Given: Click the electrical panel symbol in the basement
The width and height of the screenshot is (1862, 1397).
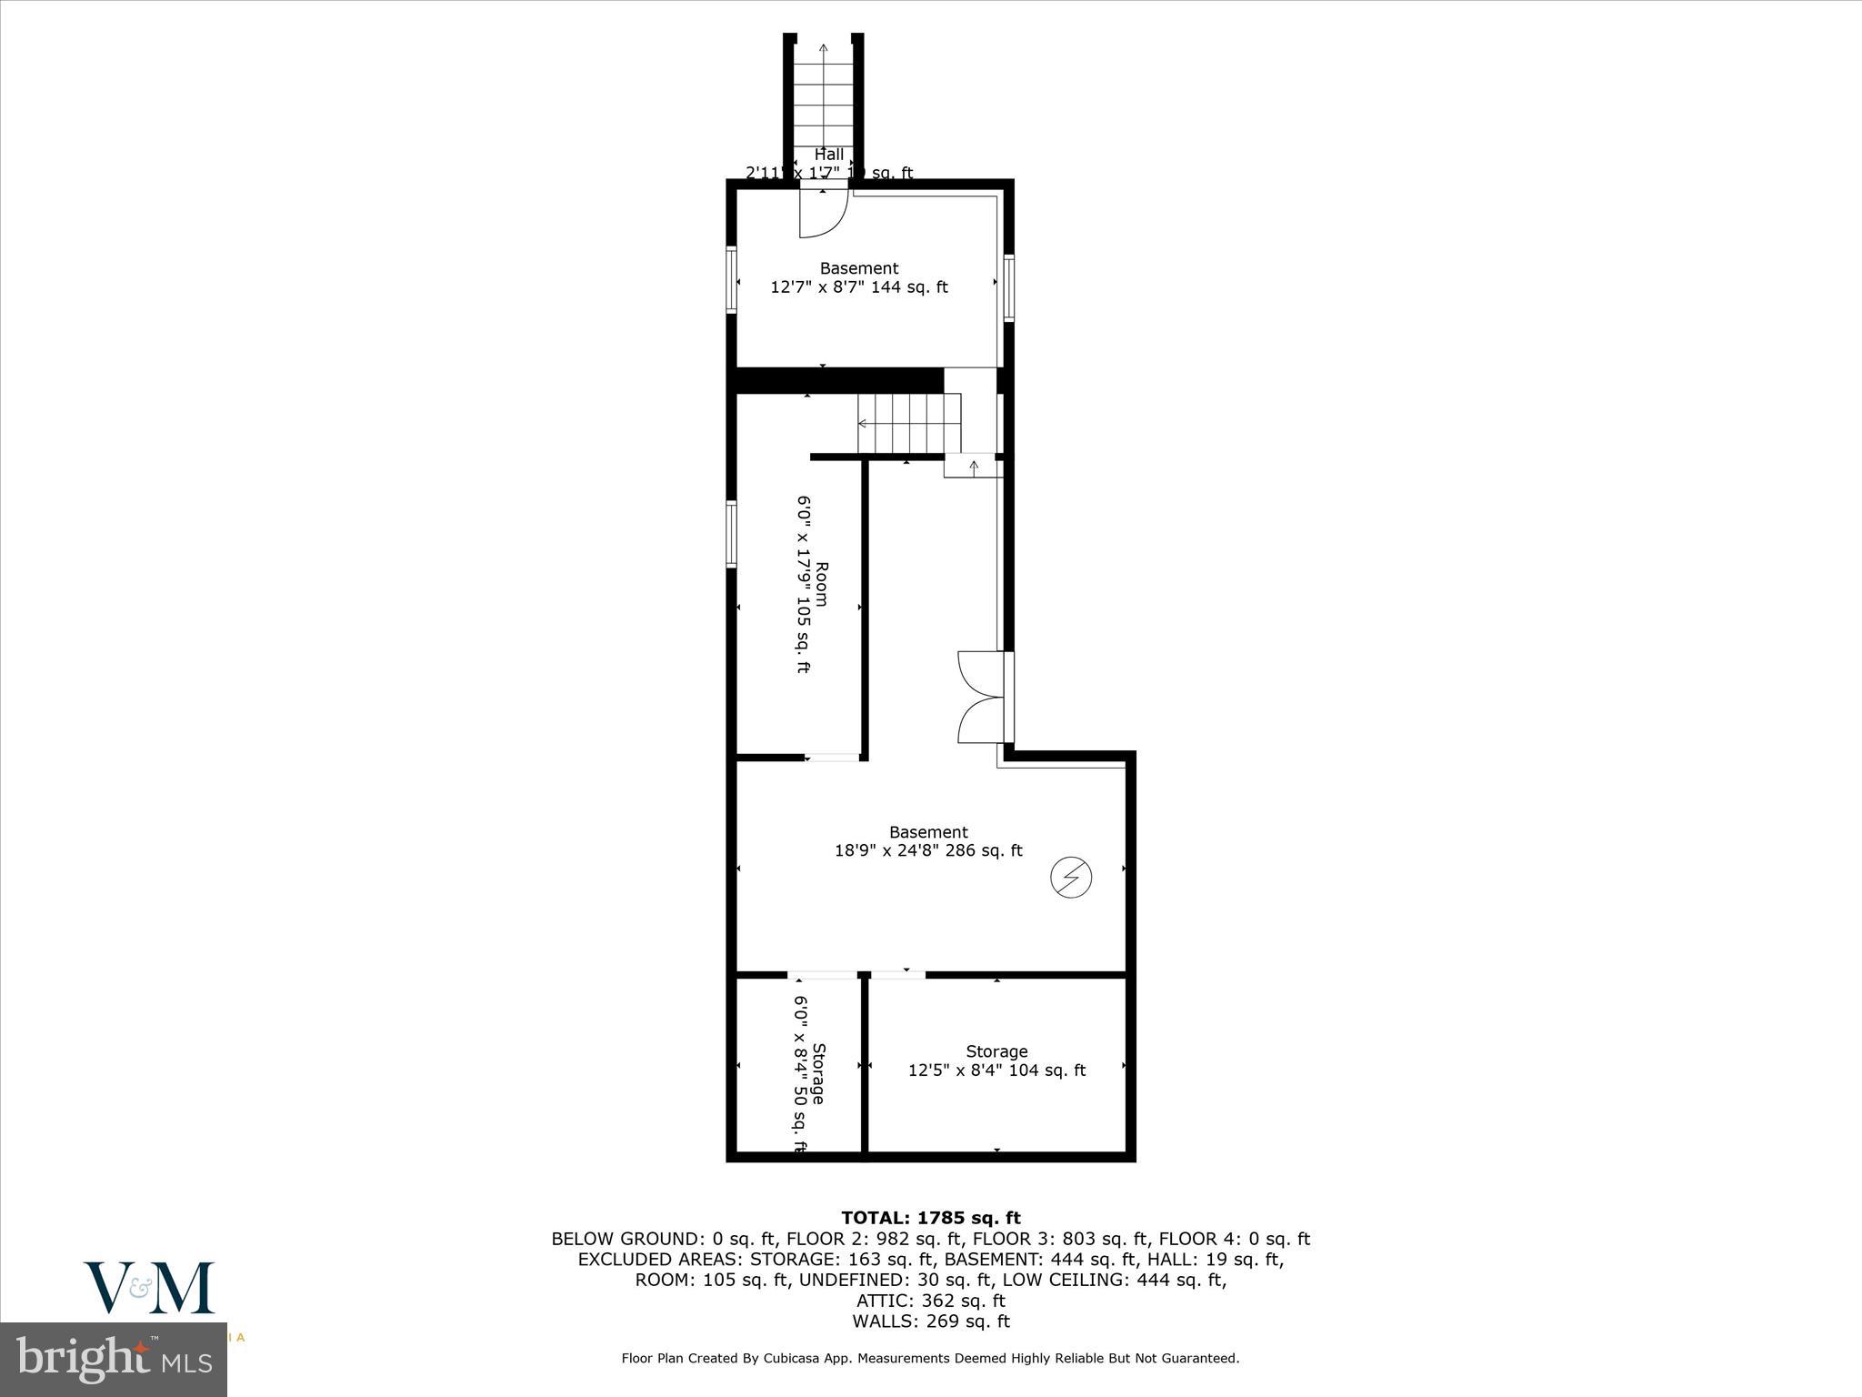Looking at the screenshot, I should pos(1071,878).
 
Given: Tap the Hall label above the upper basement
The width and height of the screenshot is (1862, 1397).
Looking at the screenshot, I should pos(828,155).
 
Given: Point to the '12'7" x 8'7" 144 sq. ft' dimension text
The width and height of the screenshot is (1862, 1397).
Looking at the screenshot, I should pos(859,287).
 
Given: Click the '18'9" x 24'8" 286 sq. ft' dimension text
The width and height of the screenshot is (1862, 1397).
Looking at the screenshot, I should pos(928,851).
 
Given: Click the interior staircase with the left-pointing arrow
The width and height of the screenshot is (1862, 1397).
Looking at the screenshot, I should pos(909,424).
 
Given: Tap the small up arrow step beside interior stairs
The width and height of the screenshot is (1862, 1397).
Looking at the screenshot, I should pos(973,467).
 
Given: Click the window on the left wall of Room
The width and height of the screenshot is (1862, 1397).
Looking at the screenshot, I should pos(731,534).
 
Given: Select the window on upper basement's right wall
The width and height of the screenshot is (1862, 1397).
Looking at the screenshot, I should pos(1008,287).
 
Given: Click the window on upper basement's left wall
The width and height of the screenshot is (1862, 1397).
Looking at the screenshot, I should pos(731,279).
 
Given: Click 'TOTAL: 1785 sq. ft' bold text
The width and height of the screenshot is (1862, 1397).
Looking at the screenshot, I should pos(930,1218).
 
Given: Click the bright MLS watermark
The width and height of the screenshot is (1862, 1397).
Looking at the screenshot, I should pos(114,1360).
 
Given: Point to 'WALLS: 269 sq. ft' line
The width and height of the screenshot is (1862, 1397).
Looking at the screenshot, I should pos(930,1322).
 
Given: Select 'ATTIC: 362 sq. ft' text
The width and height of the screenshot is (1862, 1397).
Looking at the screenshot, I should pos(930,1301).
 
